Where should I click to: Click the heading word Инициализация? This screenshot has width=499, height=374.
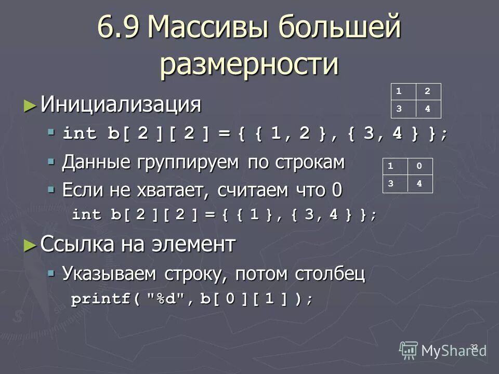(x=121, y=104)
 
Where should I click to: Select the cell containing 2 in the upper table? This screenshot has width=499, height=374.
(x=428, y=91)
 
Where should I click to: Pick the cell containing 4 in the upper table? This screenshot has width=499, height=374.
(x=428, y=109)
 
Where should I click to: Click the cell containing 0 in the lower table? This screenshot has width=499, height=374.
(x=419, y=167)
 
